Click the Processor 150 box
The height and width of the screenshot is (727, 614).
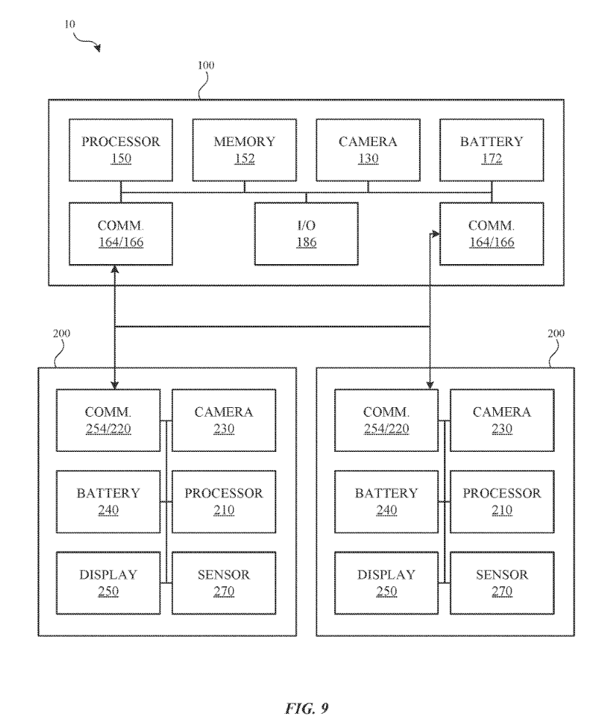(x=121, y=150)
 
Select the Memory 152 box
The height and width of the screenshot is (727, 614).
(x=244, y=150)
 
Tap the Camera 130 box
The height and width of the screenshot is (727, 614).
(x=367, y=150)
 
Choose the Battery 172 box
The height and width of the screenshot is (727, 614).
(x=491, y=150)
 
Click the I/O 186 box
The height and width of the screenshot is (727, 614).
(x=306, y=233)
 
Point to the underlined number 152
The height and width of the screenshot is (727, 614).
(x=244, y=160)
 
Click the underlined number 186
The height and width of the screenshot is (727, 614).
(x=306, y=243)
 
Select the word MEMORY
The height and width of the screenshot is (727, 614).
(x=244, y=142)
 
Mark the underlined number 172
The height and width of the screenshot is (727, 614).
(x=491, y=160)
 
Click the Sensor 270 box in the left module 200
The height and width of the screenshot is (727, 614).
(x=224, y=583)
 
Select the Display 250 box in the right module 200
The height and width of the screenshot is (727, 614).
(x=386, y=583)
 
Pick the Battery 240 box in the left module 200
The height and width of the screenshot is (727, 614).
(x=108, y=502)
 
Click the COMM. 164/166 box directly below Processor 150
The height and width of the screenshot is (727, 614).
(x=121, y=233)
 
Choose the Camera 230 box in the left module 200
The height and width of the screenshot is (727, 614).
(x=224, y=420)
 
